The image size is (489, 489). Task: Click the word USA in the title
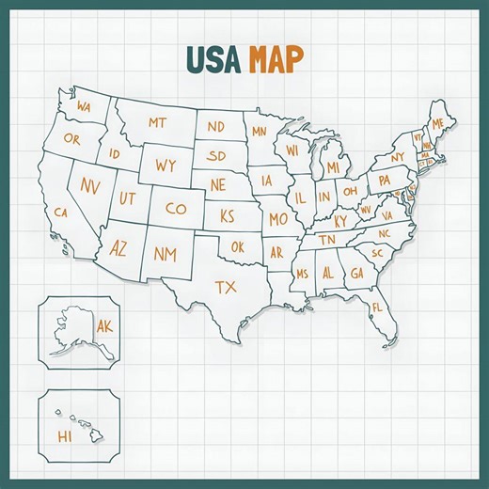tap(214, 59)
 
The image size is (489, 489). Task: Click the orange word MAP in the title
tap(276, 59)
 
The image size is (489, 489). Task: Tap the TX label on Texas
tap(226, 286)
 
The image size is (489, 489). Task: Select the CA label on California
tap(61, 213)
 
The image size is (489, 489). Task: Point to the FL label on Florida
tap(377, 308)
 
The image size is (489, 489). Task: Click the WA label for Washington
tap(84, 106)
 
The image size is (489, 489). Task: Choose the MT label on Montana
tap(156, 122)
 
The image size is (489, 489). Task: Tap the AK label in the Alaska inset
tap(103, 326)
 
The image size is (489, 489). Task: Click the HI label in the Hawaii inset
tap(64, 436)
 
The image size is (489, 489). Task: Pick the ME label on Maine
tap(437, 124)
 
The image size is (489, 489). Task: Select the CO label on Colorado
tap(175, 209)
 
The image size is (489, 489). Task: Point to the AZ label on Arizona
tap(118, 249)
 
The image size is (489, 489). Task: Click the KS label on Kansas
tap(227, 216)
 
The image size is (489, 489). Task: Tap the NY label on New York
tap(398, 157)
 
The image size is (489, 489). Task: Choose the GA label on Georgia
tap(356, 273)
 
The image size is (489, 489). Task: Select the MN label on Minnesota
tap(260, 132)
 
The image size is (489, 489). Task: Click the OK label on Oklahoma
tap(237, 247)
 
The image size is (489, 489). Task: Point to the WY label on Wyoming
tap(166, 166)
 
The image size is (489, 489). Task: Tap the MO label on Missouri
tap(278, 219)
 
